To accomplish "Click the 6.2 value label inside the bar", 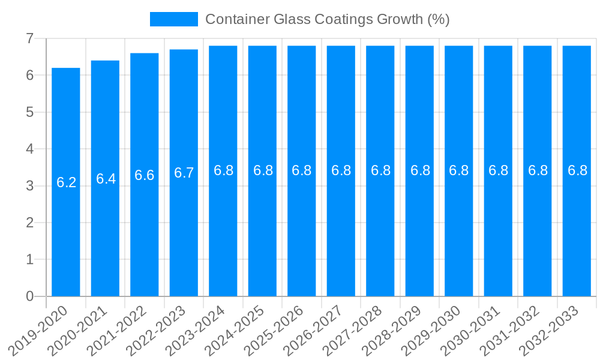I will pyautogui.click(x=66, y=182).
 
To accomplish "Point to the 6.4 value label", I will pyautogui.click(x=106, y=179).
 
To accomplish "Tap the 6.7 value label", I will pyautogui.click(x=184, y=173).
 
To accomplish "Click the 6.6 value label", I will pyautogui.click(x=145, y=175).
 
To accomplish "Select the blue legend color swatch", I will pyautogui.click(x=174, y=19).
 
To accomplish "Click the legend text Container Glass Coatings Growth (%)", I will pyautogui.click(x=328, y=19).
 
